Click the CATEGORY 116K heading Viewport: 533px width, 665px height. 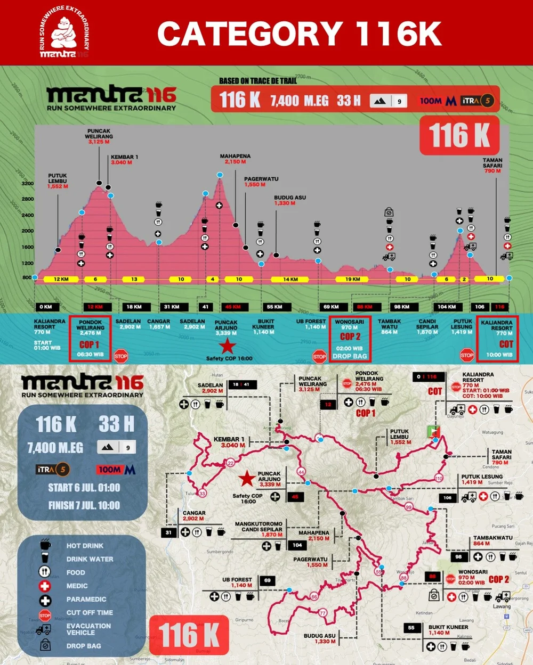[299, 34]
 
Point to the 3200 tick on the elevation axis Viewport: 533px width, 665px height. [28, 183]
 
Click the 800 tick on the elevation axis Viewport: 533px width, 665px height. [27, 277]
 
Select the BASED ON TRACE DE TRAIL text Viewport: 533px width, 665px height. [258, 81]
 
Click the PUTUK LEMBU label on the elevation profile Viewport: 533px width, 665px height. [58, 178]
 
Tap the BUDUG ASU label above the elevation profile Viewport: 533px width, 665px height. [290, 198]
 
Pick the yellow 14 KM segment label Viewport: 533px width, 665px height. [290, 279]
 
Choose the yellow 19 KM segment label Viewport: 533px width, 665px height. [352, 279]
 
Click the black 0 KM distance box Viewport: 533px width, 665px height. [46, 307]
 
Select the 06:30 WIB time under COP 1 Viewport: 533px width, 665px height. [90, 354]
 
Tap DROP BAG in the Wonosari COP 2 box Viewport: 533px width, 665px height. [350, 356]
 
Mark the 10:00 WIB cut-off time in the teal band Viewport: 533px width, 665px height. [499, 355]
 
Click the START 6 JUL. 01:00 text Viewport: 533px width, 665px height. [84, 488]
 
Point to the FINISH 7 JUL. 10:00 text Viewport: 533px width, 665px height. [84, 505]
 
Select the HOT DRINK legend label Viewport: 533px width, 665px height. [85, 546]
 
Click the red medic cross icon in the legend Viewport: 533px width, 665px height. [45, 586]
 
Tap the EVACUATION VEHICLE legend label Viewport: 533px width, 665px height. [88, 629]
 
